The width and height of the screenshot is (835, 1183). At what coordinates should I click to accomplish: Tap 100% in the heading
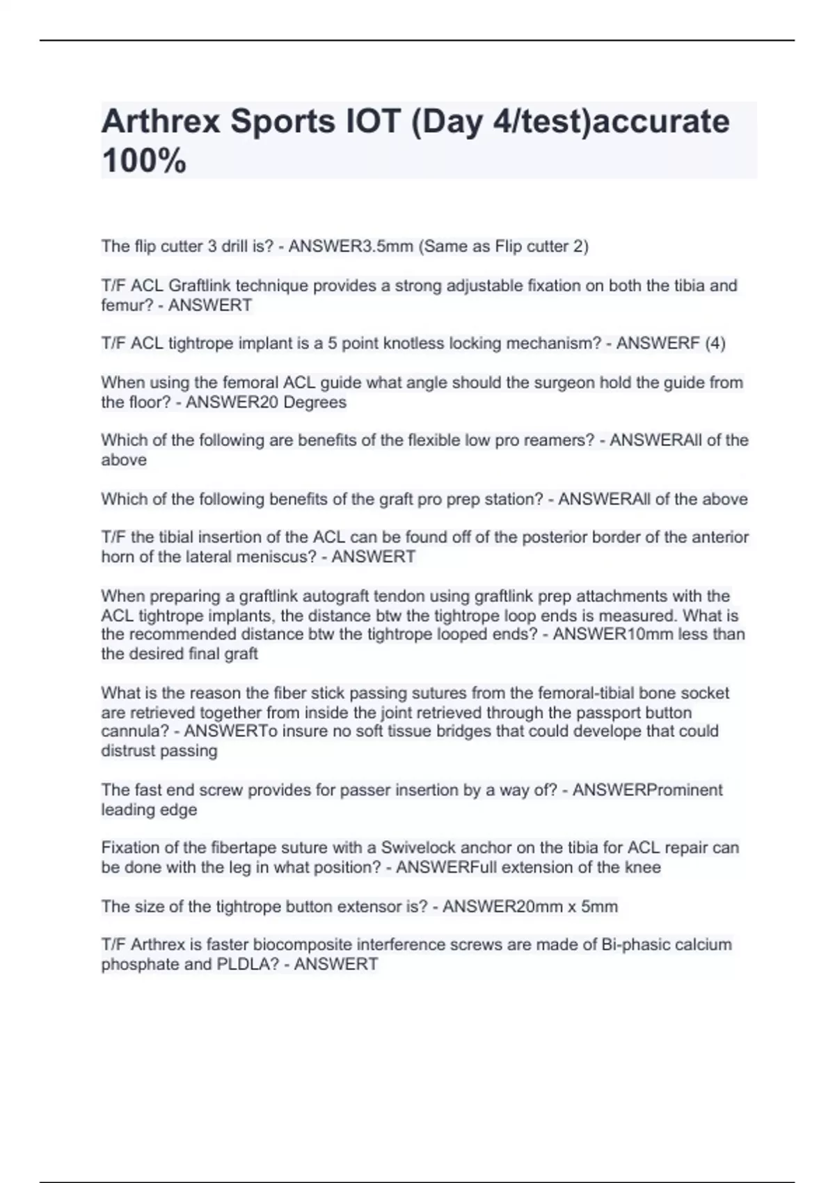tap(143, 161)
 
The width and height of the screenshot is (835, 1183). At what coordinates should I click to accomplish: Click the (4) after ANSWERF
tap(715, 343)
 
